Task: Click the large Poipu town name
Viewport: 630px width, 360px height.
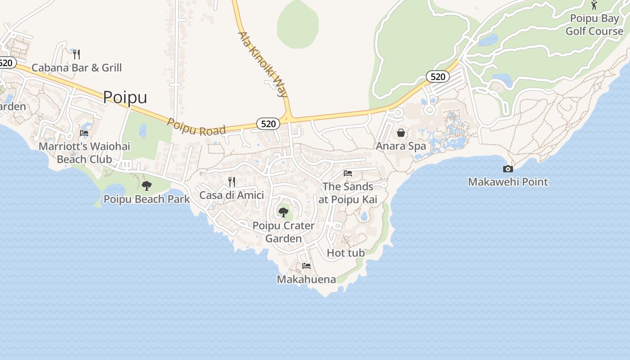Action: point(125,97)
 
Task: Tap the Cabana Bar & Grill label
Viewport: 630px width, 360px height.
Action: point(76,68)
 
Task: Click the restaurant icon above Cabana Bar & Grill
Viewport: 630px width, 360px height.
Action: point(76,54)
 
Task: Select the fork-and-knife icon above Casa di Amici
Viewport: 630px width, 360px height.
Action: point(232,182)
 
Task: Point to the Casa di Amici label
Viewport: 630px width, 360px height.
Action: point(231,195)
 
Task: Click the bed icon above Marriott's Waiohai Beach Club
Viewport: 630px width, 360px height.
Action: point(84,133)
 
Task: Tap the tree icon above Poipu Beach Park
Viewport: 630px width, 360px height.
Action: point(146,185)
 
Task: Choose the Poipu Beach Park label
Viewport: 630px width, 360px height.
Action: point(147,199)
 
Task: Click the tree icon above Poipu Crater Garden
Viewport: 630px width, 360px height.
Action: point(283,212)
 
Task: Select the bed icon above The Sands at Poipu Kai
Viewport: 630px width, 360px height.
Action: point(348,173)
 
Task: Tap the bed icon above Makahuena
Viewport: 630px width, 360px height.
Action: point(306,265)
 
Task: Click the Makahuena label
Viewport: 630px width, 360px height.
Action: point(306,279)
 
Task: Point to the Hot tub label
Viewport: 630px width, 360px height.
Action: point(346,253)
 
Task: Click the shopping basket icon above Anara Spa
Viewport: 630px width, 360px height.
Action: point(401,133)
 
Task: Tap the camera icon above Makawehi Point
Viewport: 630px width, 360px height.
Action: point(508,169)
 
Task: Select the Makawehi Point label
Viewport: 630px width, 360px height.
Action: point(508,182)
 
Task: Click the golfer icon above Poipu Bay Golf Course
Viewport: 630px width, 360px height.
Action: point(594,5)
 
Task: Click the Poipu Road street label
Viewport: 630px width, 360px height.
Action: point(196,127)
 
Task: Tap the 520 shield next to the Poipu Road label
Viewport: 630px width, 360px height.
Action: point(268,124)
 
